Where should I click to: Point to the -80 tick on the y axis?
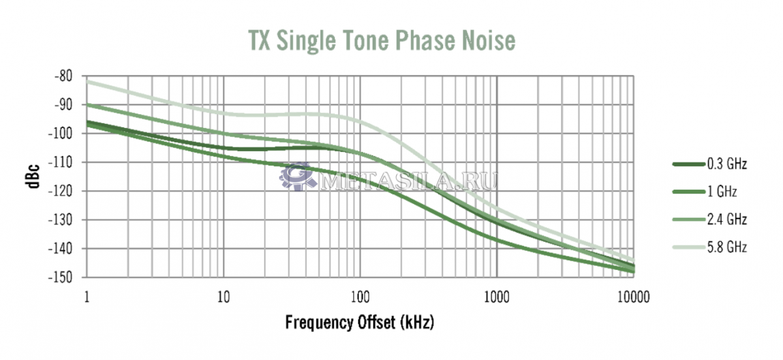click(x=64, y=76)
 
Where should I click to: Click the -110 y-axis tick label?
click(x=61, y=162)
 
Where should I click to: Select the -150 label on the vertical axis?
click(x=61, y=278)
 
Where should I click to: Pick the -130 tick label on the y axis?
click(x=61, y=220)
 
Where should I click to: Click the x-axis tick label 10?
click(x=224, y=297)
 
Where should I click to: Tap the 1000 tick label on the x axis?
click(x=497, y=297)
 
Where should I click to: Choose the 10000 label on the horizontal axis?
click(x=634, y=297)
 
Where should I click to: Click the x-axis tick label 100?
click(x=360, y=297)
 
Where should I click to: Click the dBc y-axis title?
click(x=33, y=177)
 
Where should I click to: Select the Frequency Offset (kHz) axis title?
click(x=360, y=322)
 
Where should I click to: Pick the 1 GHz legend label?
click(x=722, y=192)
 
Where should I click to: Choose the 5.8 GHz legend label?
click(x=727, y=247)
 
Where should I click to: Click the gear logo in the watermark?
click(x=297, y=177)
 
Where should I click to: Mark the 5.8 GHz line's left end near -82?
click(x=87, y=82)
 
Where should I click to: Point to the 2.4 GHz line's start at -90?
click(x=87, y=104)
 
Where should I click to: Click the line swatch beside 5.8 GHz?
click(x=688, y=247)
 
